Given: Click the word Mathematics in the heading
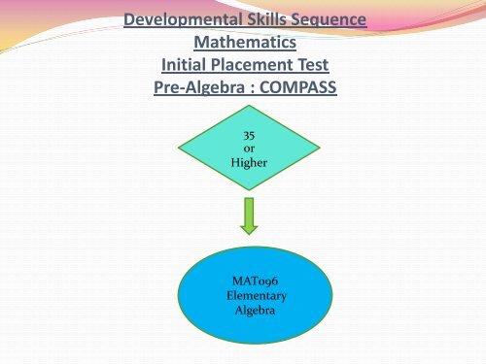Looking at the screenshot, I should tap(243, 44).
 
